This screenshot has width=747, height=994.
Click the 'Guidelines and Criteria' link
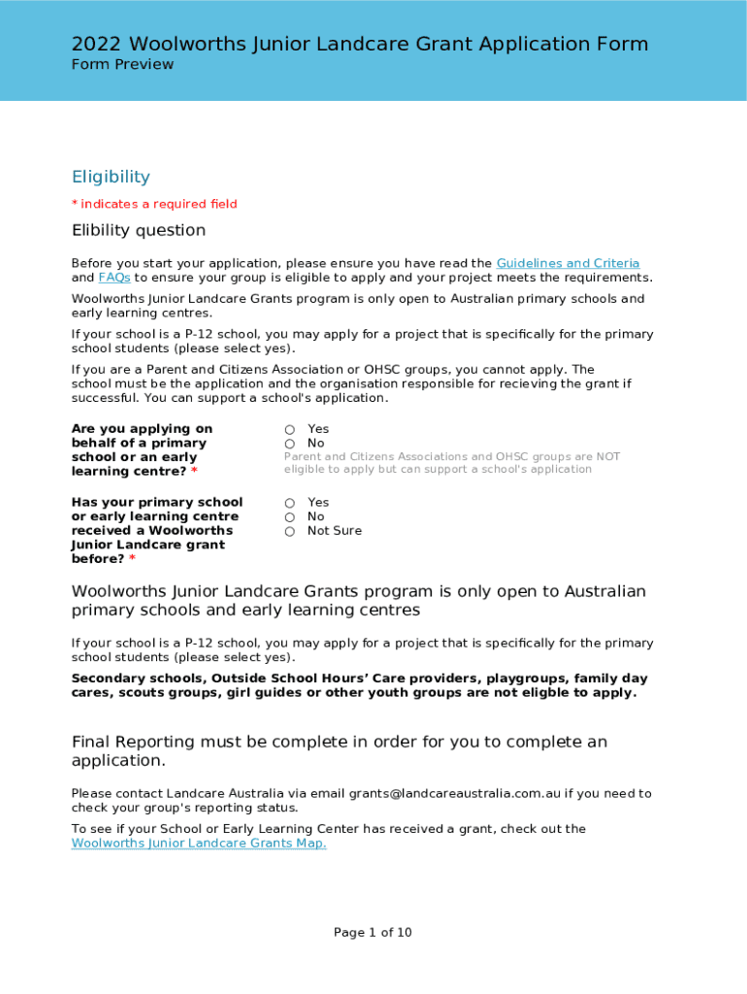click(568, 263)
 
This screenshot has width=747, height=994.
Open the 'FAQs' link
click(114, 278)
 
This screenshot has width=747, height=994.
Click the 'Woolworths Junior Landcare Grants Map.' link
click(199, 844)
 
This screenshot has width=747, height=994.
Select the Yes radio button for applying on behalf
click(290, 429)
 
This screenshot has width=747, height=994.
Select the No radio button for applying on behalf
click(290, 444)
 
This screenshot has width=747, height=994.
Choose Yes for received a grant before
click(290, 503)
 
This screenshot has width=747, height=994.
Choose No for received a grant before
click(290, 517)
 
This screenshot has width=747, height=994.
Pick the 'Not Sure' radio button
click(290, 532)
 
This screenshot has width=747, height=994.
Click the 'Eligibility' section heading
click(111, 177)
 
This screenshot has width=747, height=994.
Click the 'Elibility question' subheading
click(139, 230)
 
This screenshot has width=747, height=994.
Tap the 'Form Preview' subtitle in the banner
click(122, 65)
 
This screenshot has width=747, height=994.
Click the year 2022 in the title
click(97, 44)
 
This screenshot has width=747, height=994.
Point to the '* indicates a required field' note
click(154, 204)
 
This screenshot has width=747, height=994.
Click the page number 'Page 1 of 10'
click(373, 933)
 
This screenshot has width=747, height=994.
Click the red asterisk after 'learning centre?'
click(194, 472)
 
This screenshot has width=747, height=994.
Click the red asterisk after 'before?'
click(132, 560)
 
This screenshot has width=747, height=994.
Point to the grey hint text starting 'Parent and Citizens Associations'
click(451, 463)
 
